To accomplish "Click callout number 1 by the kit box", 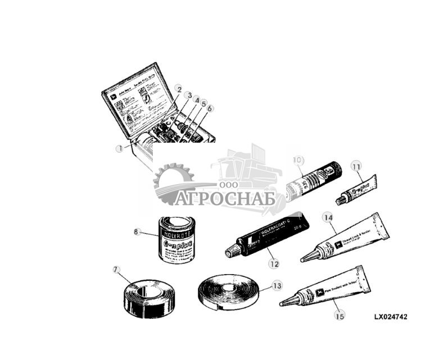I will [119, 149].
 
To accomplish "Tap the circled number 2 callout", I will [179, 89].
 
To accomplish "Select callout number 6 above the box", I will [210, 108].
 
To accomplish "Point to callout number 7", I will [116, 270].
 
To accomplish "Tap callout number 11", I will [355, 166].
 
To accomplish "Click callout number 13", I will [276, 285].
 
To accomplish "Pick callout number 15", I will [338, 316].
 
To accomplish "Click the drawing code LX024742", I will [391, 317].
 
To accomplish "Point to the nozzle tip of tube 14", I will [304, 259].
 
